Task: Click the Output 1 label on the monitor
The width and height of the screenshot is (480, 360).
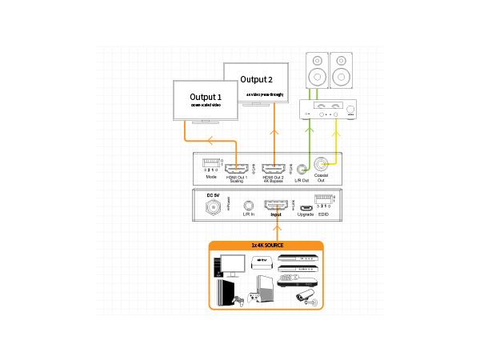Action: (x=206, y=97)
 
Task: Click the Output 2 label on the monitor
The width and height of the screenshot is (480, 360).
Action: (x=257, y=79)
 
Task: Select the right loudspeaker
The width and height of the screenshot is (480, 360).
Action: (x=341, y=70)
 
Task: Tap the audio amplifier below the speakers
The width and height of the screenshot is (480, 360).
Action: (x=328, y=109)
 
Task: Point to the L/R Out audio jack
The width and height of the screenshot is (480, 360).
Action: (x=302, y=168)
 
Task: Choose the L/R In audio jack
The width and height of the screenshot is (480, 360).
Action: (x=248, y=206)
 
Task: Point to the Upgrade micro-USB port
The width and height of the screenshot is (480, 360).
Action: (x=304, y=206)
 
